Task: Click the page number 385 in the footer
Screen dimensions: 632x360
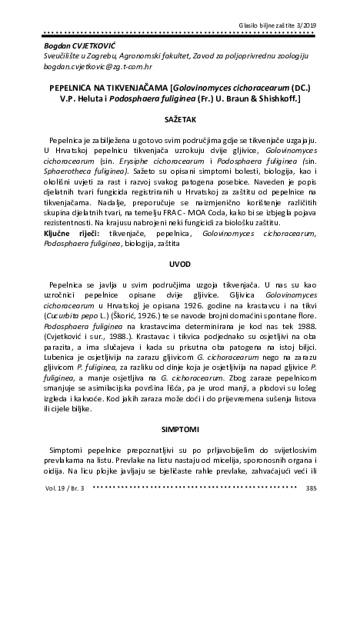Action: (x=311, y=487)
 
